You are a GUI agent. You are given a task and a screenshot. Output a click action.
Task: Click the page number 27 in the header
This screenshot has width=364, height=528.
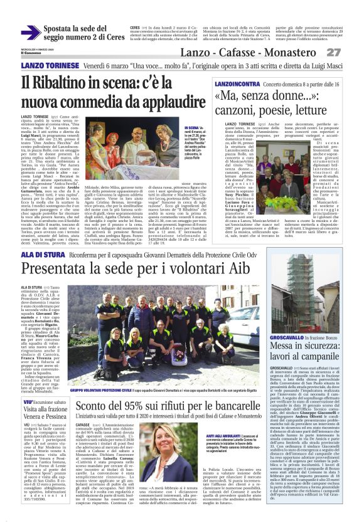coord(350,51)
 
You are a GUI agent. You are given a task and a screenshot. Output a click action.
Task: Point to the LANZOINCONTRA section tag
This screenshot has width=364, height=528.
coord(233,83)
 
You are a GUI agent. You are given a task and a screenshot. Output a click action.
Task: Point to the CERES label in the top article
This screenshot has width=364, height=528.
coord(135,28)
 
